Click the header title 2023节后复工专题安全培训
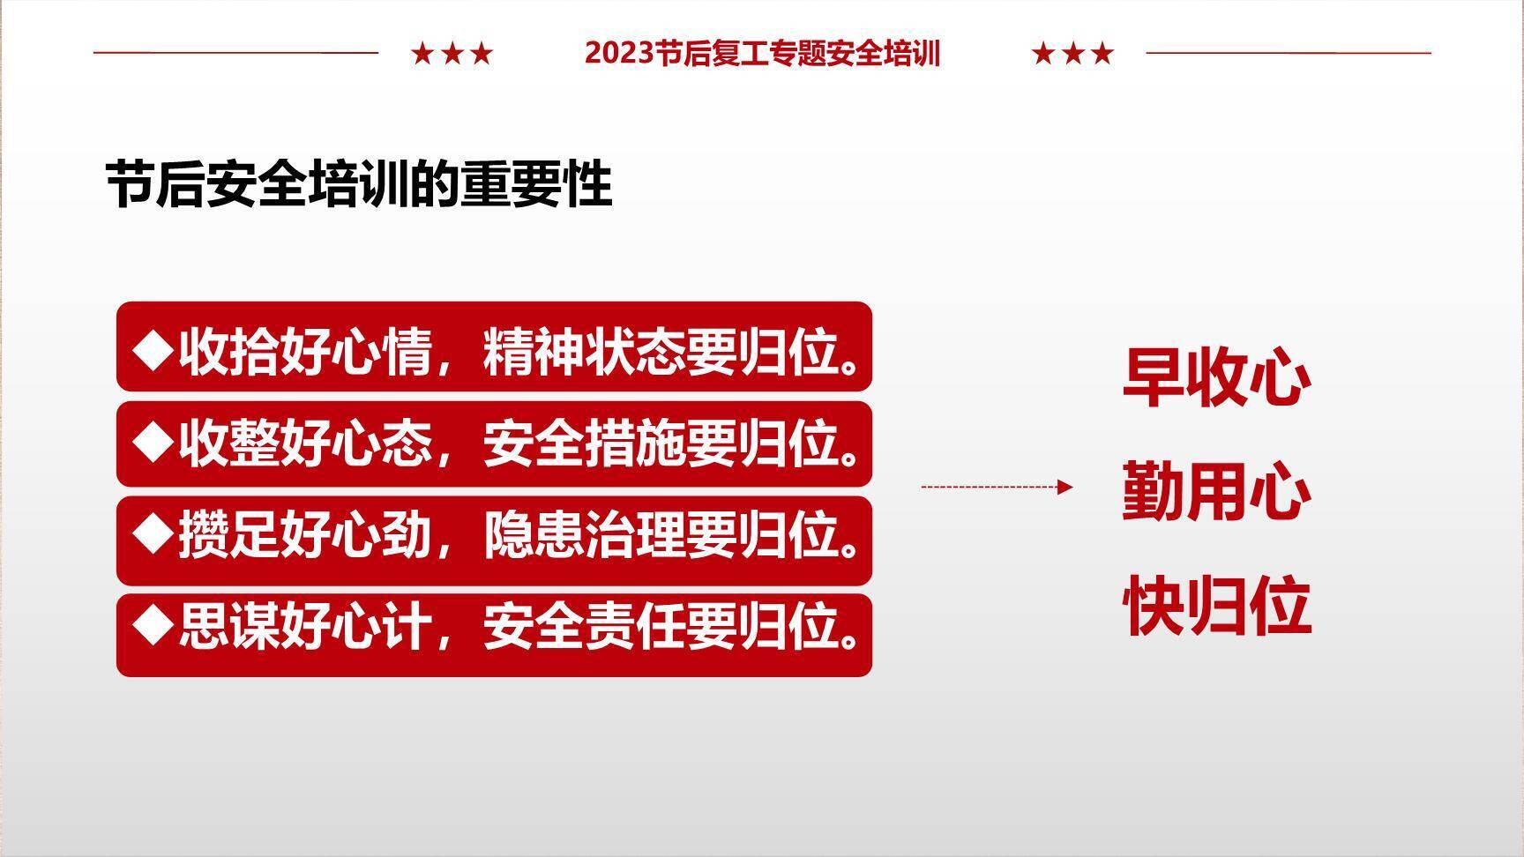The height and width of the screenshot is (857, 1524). [762, 54]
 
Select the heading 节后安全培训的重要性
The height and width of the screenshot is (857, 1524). [359, 184]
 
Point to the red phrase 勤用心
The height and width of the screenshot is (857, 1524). [1216, 491]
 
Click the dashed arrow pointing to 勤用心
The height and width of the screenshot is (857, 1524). [997, 487]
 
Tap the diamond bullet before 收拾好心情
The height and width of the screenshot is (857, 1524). [153, 349]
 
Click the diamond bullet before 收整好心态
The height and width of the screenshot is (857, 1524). [153, 442]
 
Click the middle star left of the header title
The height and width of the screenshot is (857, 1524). [452, 54]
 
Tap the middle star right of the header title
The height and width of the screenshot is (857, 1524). [1073, 54]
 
